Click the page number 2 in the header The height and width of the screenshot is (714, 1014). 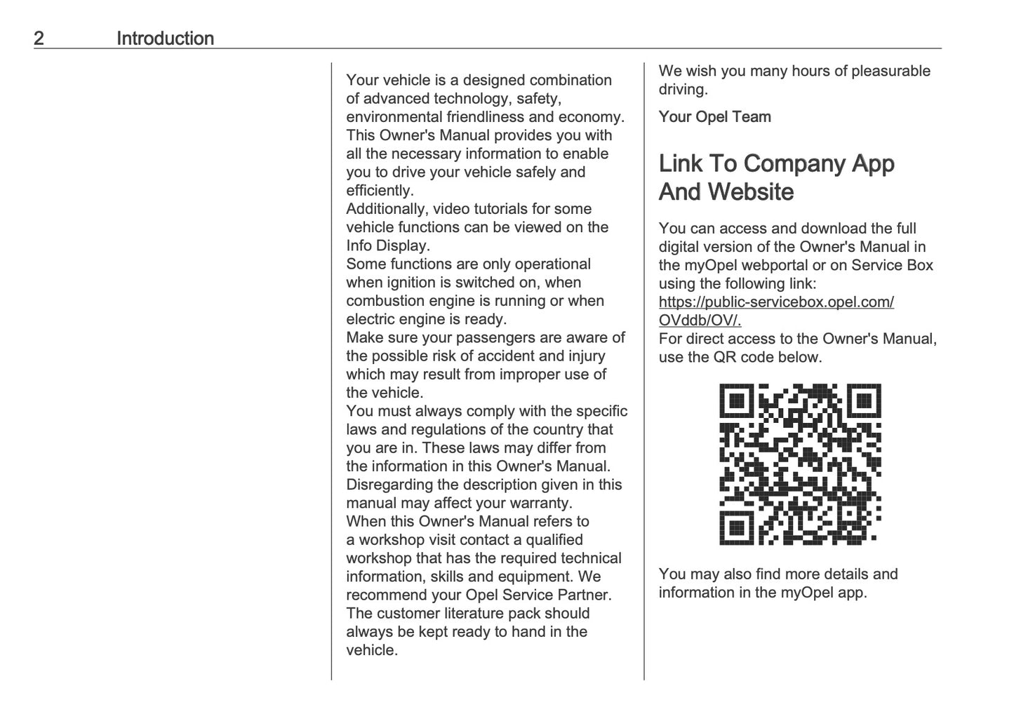tap(39, 39)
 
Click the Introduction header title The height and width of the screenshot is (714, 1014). tap(165, 39)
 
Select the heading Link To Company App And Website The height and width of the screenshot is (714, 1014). tap(776, 177)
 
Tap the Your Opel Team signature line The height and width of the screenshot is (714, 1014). tap(714, 117)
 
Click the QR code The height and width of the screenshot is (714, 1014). tap(800, 464)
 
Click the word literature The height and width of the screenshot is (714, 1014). tap(509, 614)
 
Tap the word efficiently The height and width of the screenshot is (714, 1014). tap(380, 191)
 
